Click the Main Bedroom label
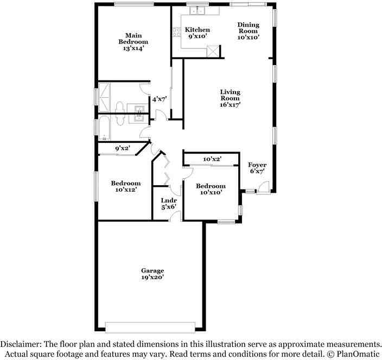(x=133, y=42)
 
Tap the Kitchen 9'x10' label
(x=198, y=33)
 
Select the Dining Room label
(x=249, y=31)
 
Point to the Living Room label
(x=230, y=98)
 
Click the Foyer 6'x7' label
(x=257, y=168)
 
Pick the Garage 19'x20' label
(x=152, y=274)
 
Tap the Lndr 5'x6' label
(x=169, y=204)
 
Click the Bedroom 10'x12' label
(x=126, y=186)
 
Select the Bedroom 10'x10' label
(x=211, y=189)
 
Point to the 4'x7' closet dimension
(x=160, y=99)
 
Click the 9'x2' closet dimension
(x=123, y=148)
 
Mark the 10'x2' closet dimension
(x=213, y=159)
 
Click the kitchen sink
(x=198, y=11)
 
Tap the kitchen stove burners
(x=177, y=32)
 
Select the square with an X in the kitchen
(x=212, y=51)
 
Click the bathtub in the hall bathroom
(x=105, y=128)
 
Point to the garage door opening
(x=150, y=327)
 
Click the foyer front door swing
(x=264, y=187)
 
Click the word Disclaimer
(x=21, y=344)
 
